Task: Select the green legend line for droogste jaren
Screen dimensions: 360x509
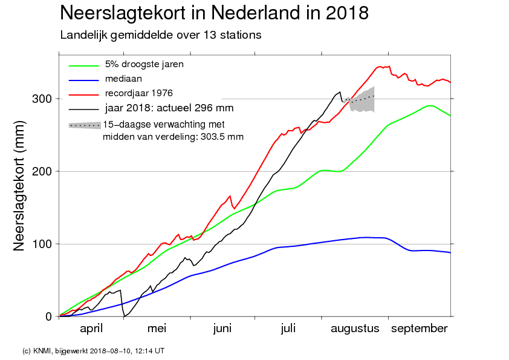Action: (x=83, y=65)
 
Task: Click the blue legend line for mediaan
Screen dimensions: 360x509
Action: (x=83, y=79)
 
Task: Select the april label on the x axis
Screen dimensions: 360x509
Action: (x=92, y=329)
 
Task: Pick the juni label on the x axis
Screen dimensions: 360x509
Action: (x=222, y=329)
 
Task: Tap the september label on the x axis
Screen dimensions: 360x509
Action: (x=420, y=329)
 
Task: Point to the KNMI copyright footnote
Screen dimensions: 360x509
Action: (x=93, y=350)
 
